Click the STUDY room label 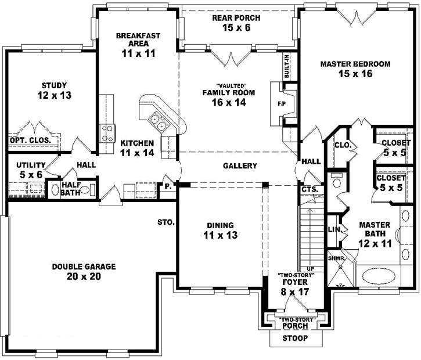[55, 85]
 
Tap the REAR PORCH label [235, 18]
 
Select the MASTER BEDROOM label [355, 64]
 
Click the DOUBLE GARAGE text [84, 267]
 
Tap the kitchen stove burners [107, 133]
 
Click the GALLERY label [240, 166]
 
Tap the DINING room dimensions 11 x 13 [219, 235]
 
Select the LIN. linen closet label [334, 229]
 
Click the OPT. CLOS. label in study [30, 140]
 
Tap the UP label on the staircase [311, 268]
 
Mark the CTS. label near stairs [308, 189]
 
